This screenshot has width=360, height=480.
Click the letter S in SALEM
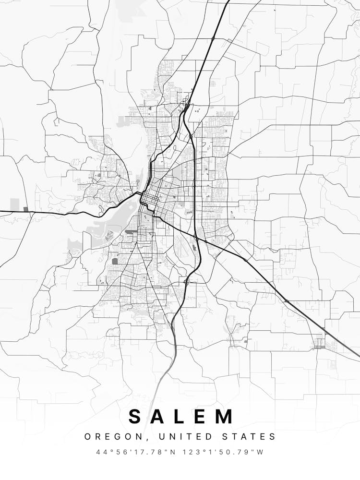click(135, 417)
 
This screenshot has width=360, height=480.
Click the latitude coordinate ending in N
click(133, 452)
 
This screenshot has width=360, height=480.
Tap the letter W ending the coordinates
click(261, 452)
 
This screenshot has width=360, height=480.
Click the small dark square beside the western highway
click(26, 209)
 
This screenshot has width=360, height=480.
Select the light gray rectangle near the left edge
click(15, 204)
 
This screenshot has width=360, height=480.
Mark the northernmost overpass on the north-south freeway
click(213, 37)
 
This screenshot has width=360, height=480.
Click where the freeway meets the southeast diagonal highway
click(196, 238)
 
